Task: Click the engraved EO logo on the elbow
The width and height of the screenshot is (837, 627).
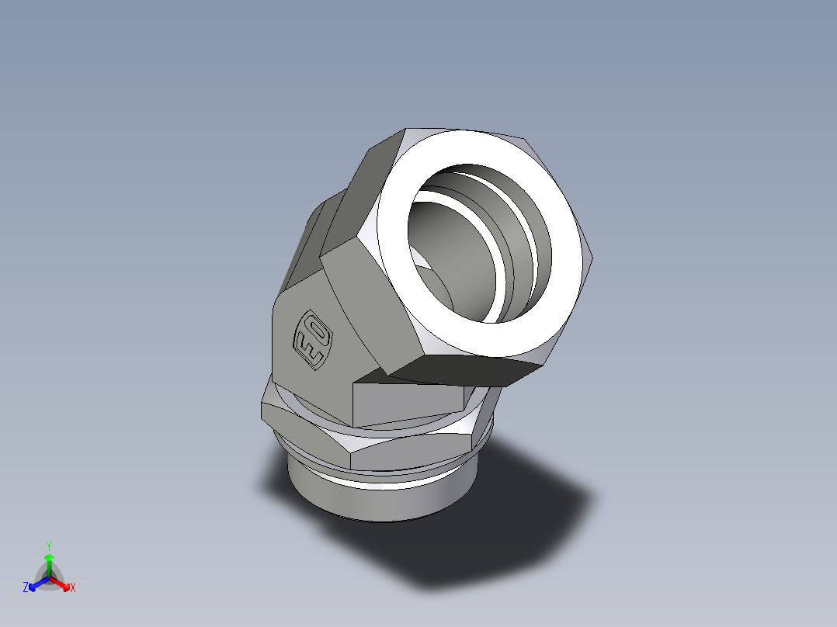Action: [312, 341]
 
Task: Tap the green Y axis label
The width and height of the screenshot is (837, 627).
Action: [48, 546]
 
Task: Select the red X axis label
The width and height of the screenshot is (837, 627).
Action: [72, 588]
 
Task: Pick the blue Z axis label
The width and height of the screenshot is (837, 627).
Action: [26, 588]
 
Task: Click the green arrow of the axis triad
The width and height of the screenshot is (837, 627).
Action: [48, 560]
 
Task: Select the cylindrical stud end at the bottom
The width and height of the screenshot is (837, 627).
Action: [380, 501]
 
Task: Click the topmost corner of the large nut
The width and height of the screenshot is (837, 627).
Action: [407, 130]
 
